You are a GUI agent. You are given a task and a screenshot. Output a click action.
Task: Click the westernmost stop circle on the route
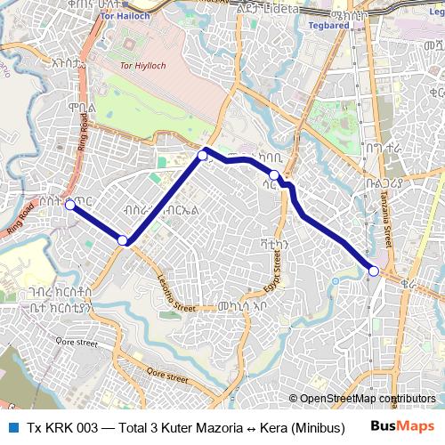pos(69,205)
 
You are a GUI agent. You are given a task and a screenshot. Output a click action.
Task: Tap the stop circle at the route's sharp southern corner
pos(123,240)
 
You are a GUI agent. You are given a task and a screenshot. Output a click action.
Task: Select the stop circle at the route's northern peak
pos(203,156)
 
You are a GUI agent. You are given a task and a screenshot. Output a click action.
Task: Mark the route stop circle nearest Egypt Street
pos(275,175)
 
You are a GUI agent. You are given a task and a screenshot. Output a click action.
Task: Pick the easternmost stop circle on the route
pos(374,271)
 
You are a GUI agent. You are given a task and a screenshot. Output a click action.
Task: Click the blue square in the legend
pos(12,427)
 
